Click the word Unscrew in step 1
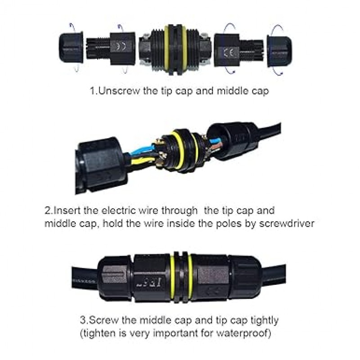[119, 91]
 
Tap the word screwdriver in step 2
[287, 223]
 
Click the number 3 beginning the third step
[83, 320]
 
